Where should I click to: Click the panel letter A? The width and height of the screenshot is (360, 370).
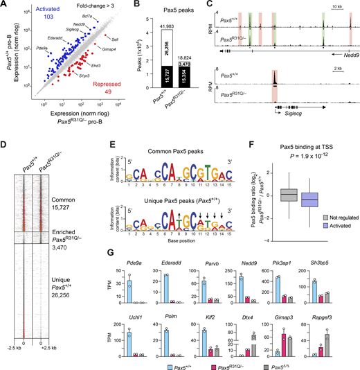tap(5, 6)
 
